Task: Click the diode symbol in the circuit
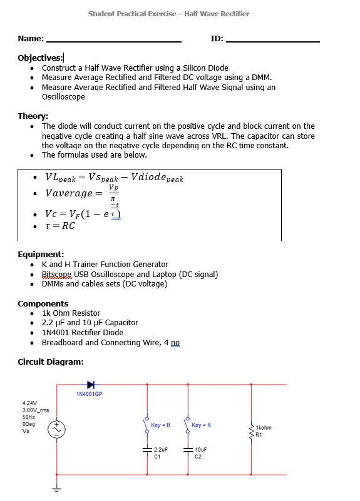[91, 384]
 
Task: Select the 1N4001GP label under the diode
[89, 395]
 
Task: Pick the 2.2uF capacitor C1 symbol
[147, 450]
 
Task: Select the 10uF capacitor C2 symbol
[188, 450]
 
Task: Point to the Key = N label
[201, 425]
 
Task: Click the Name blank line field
[114, 39]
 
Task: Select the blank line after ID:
[272, 39]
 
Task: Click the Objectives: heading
[40, 58]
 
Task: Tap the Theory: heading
[33, 116]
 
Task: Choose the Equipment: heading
[41, 255]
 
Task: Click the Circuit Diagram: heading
[50, 362]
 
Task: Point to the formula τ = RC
[60, 226]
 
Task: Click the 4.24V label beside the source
[29, 403]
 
